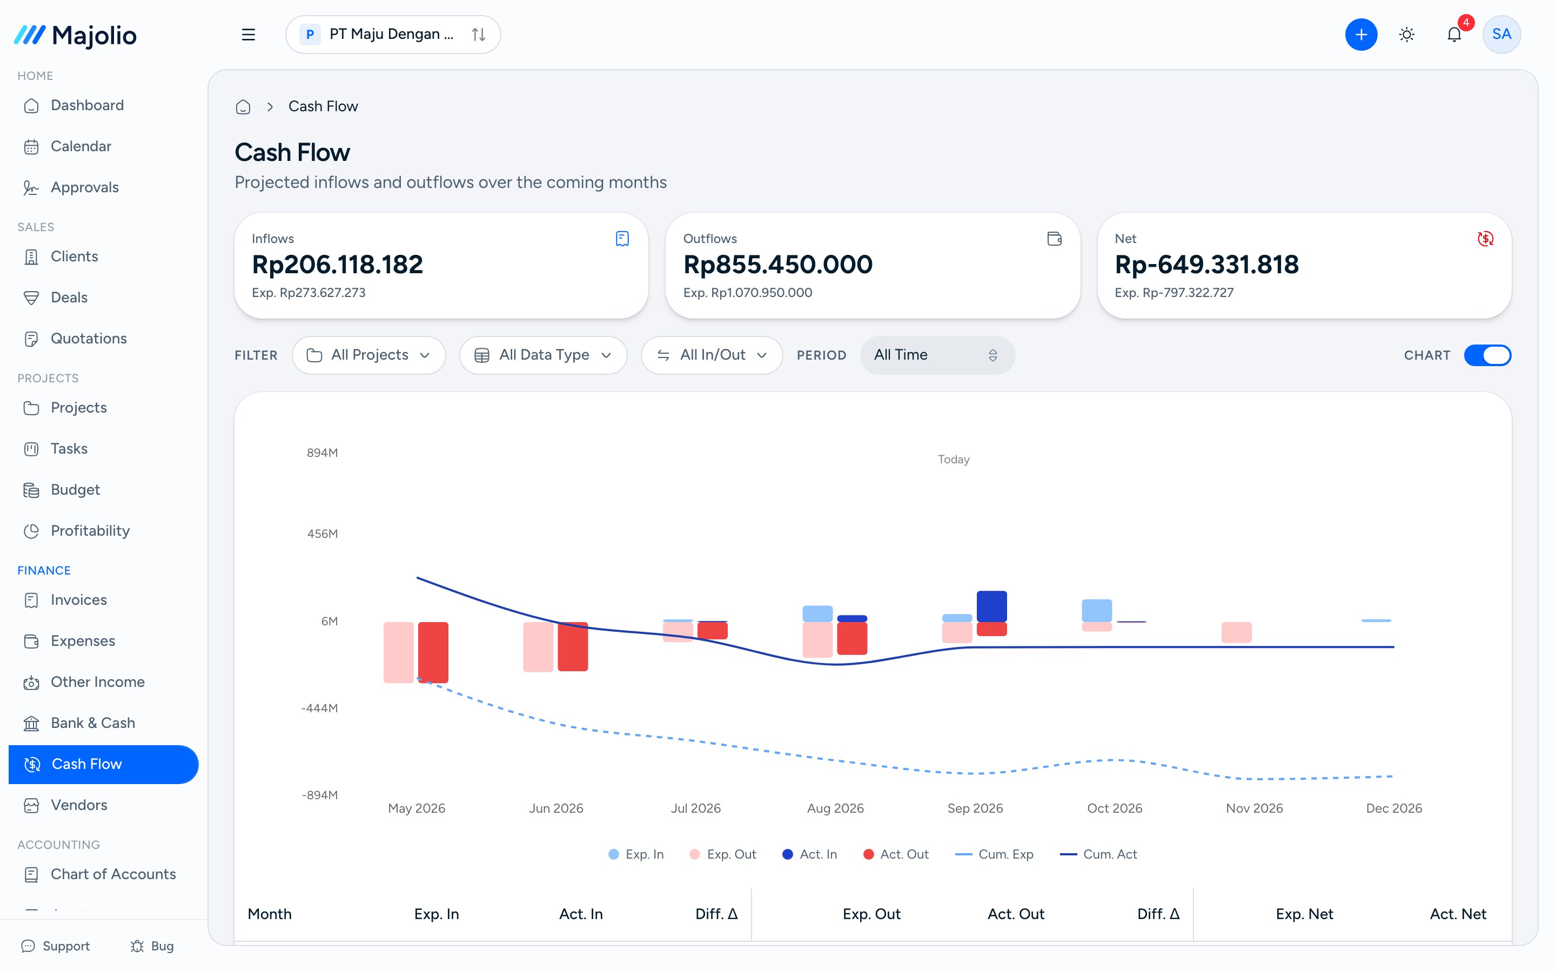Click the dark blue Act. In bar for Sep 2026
[x=991, y=606]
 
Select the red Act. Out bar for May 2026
[x=433, y=652]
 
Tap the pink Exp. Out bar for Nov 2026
[x=1237, y=632]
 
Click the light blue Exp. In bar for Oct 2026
[x=1097, y=610]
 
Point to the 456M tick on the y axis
[x=323, y=534]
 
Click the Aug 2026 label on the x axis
[x=835, y=808]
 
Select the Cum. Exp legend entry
[x=994, y=854]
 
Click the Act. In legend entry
[x=809, y=854]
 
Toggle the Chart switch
[x=1487, y=355]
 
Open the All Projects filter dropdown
[x=369, y=355]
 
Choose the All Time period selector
[x=937, y=355]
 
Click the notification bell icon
[x=1454, y=35]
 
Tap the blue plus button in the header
[x=1361, y=35]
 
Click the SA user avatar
[x=1501, y=35]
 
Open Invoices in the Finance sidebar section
[x=78, y=600]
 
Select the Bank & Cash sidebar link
[x=92, y=723]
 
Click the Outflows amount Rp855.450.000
[x=778, y=264]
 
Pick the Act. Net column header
[x=1458, y=914]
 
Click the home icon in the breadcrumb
[x=243, y=107]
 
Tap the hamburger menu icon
[x=248, y=35]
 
